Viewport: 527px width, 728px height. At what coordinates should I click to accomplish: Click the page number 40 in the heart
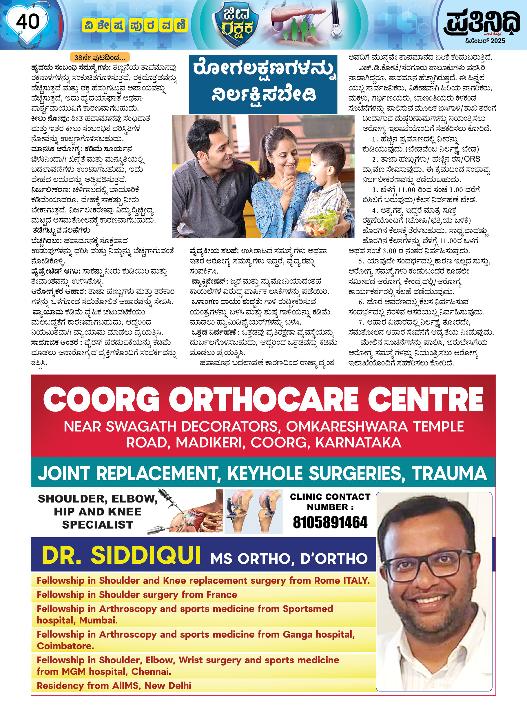[x=28, y=22]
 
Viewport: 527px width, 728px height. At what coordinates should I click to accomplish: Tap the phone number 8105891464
[x=330, y=523]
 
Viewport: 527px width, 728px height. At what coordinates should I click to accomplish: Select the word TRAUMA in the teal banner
[x=449, y=474]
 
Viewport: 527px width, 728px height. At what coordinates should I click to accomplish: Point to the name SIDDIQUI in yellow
[x=146, y=555]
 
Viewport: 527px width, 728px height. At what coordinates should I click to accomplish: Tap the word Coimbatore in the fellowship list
[x=65, y=646]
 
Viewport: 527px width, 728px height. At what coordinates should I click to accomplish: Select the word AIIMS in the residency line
[x=125, y=686]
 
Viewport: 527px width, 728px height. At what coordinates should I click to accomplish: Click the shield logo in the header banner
[x=236, y=24]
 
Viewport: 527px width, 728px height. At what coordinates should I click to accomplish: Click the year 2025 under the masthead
[x=497, y=41]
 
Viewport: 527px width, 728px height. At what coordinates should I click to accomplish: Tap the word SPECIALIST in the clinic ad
[x=98, y=525]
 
